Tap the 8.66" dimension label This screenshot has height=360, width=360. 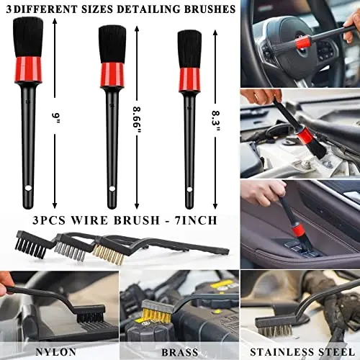pyautogui.click(x=138, y=117)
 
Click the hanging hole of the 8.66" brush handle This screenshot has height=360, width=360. pyautogui.click(x=112, y=189)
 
